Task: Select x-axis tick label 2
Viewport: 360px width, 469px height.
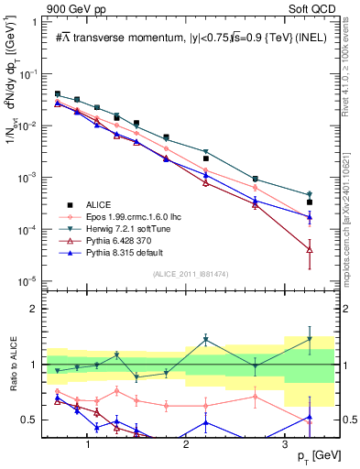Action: coord(185,442)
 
